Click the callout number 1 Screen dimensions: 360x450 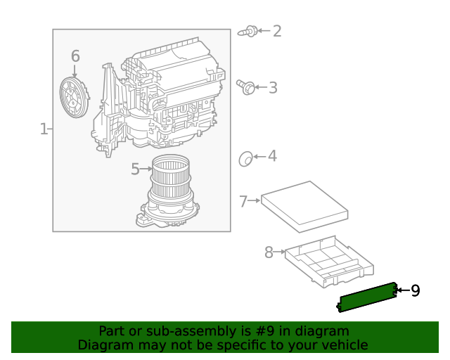coord(44,129)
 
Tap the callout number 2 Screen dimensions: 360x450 coord(276,31)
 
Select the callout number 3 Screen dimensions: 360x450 coord(273,88)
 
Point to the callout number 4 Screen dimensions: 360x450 coord(271,156)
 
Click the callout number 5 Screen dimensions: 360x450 coord(135,169)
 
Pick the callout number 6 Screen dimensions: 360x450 coord(75,56)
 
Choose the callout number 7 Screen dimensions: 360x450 coord(243,202)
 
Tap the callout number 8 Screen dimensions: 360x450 coord(269,252)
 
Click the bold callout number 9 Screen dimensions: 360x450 coord(416,290)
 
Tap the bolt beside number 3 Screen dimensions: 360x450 coord(245,87)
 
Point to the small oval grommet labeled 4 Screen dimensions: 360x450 coord(245,159)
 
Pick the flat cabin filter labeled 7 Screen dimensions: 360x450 coord(304,205)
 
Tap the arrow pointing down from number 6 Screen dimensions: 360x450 coord(75,71)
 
